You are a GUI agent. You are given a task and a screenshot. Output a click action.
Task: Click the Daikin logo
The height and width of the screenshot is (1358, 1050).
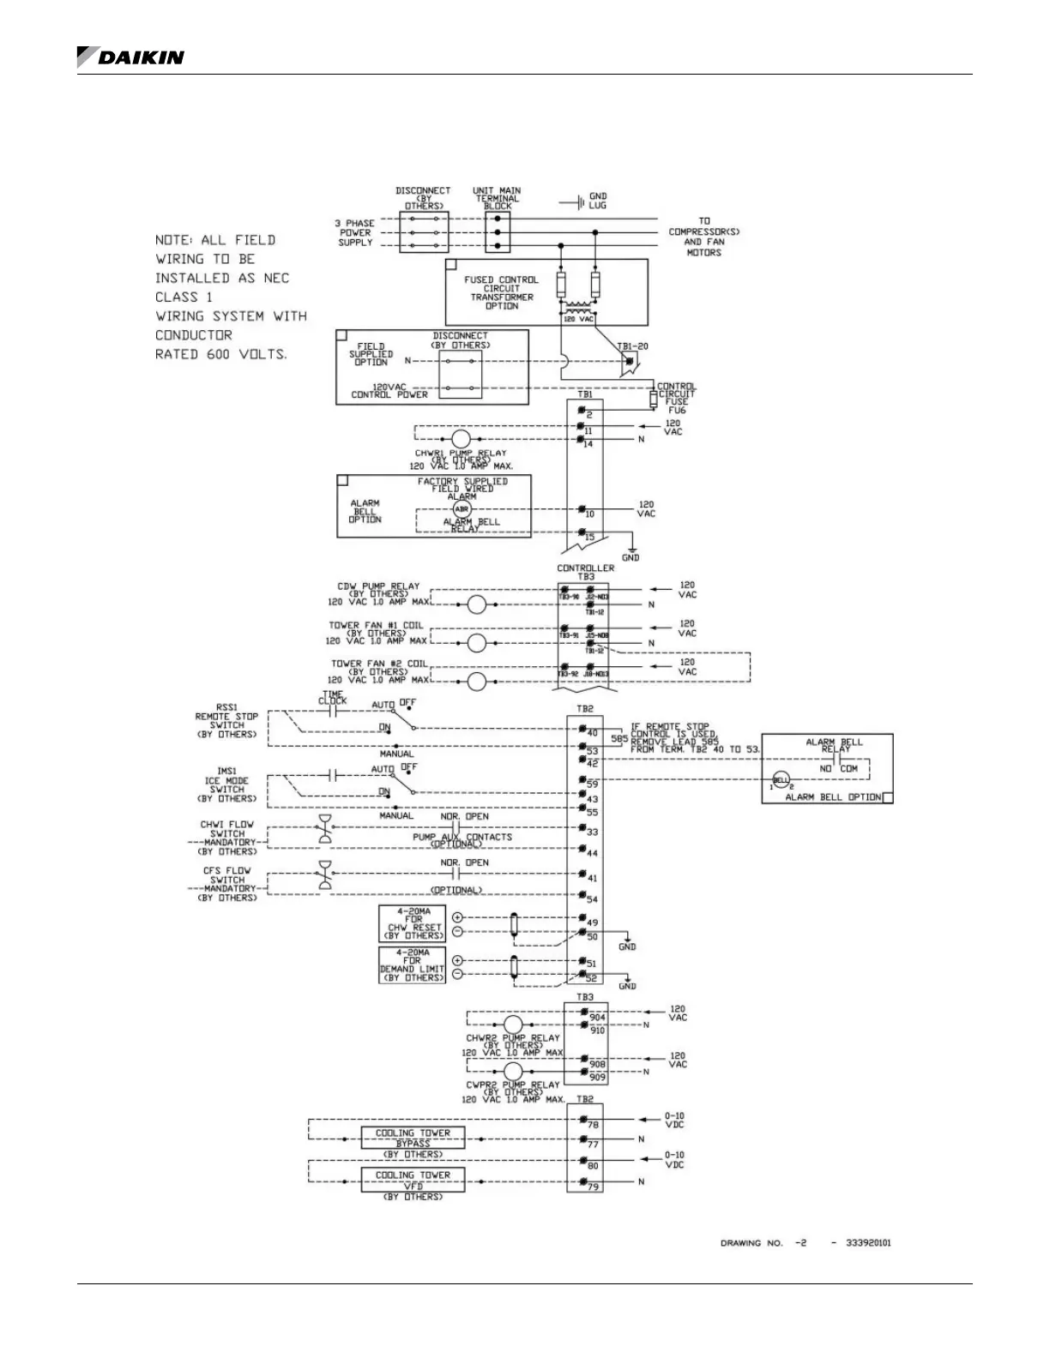pyautogui.click(x=130, y=57)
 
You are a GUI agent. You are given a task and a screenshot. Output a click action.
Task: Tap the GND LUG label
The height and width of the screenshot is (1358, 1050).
pyautogui.click(x=598, y=201)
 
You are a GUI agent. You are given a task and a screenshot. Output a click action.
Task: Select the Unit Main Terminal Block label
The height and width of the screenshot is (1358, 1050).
pyautogui.click(x=498, y=198)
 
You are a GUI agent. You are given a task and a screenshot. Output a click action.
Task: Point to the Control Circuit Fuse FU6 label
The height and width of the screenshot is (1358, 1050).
pyautogui.click(x=677, y=398)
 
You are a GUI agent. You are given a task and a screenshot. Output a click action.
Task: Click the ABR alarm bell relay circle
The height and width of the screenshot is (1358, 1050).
pyautogui.click(x=462, y=509)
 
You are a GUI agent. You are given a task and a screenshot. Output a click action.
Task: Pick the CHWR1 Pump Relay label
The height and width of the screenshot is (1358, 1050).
pyautogui.click(x=461, y=454)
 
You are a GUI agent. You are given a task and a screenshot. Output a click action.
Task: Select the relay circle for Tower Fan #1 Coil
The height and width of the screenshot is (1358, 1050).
pyautogui.click(x=477, y=644)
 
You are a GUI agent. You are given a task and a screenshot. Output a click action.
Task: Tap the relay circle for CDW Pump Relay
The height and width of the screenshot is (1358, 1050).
pyautogui.click(x=477, y=605)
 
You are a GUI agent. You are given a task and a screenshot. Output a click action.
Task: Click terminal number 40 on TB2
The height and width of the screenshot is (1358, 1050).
pyautogui.click(x=592, y=734)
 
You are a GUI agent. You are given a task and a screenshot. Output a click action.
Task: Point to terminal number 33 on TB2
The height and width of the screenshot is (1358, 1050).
pyautogui.click(x=592, y=832)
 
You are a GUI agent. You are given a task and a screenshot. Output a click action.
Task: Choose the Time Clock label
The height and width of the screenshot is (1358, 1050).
pyautogui.click(x=333, y=697)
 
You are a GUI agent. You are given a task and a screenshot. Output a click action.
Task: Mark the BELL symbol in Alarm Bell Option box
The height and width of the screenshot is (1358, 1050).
pyautogui.click(x=781, y=780)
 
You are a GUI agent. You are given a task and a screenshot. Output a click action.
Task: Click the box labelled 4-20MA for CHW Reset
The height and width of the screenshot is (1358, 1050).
pyautogui.click(x=413, y=923)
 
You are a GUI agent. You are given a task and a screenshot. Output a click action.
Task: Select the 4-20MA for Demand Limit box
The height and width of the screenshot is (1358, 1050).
pyautogui.click(x=413, y=965)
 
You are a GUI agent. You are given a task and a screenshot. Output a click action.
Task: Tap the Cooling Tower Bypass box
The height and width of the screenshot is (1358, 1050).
pyautogui.click(x=413, y=1138)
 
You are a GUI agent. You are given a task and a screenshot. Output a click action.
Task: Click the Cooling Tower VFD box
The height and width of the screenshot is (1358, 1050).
pyautogui.click(x=413, y=1181)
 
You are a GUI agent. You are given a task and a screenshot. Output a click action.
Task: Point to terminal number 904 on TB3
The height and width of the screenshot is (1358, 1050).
pyautogui.click(x=597, y=1018)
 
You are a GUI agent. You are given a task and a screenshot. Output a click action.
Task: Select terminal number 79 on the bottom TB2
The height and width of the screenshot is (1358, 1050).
pyautogui.click(x=593, y=1187)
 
